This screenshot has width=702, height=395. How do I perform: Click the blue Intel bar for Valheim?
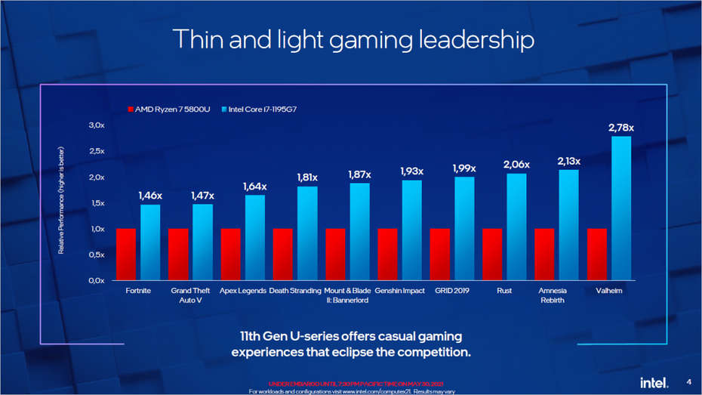tap(620, 208)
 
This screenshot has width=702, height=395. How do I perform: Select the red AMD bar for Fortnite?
tap(125, 254)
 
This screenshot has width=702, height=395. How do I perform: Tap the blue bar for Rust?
tap(516, 227)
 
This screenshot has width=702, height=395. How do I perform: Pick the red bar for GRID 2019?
tap(440, 254)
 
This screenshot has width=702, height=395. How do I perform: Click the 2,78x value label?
tap(620, 128)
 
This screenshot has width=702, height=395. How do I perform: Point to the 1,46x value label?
tap(150, 196)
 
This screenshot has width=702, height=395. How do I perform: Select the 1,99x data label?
tap(463, 168)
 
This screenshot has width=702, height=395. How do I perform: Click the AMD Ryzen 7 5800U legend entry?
tap(170, 110)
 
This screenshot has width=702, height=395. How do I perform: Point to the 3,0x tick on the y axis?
tap(95, 125)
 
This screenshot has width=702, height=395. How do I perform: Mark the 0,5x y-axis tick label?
tap(95, 255)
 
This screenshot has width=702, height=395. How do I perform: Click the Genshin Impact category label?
tap(399, 291)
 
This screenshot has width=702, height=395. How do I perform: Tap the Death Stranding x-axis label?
tap(294, 291)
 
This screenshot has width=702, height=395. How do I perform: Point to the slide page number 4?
tap(688, 381)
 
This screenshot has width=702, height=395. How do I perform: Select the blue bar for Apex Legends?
tap(254, 237)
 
